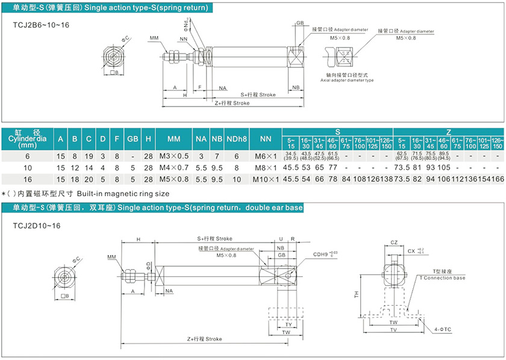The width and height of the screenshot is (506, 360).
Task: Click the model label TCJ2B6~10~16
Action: pyautogui.click(x=41, y=25)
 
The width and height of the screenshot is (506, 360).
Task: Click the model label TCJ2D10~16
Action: pyautogui.click(x=36, y=225)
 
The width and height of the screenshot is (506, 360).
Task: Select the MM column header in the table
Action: pyautogui.click(x=173, y=139)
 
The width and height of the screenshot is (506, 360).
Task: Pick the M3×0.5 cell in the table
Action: pyautogui.click(x=173, y=156)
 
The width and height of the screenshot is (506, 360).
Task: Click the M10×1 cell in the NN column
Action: pyautogui.click(x=265, y=179)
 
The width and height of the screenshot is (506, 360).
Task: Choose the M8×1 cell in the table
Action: pyautogui.click(x=265, y=167)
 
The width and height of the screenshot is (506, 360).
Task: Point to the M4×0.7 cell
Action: pyautogui.click(x=173, y=167)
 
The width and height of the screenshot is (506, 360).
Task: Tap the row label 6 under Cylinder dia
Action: pyautogui.click(x=27, y=156)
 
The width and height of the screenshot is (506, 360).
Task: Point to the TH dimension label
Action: pyautogui.click(x=357, y=294)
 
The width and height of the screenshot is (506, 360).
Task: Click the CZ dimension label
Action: pyautogui.click(x=393, y=242)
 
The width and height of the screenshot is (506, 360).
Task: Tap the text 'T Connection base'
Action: pyautogui.click(x=442, y=278)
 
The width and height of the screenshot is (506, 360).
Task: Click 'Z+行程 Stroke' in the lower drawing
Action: pyautogui.click(x=204, y=339)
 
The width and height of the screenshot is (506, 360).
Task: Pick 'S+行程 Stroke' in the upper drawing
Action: pyautogui.click(x=258, y=95)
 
